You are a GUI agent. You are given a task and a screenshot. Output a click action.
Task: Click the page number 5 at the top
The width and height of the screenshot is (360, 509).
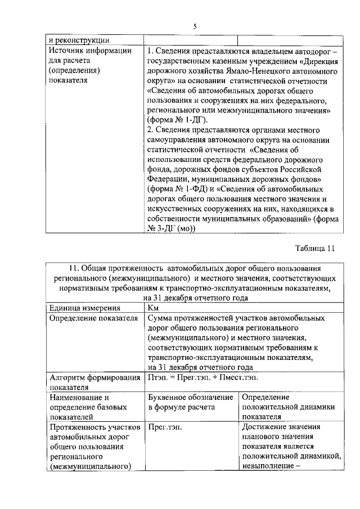(x=194, y=26)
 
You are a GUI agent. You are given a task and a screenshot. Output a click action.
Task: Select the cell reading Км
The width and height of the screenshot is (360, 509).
(x=153, y=308)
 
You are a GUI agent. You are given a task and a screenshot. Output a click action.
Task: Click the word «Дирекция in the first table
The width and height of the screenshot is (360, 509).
(x=317, y=62)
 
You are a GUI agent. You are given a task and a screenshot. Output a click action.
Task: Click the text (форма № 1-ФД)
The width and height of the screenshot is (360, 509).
(x=176, y=189)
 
